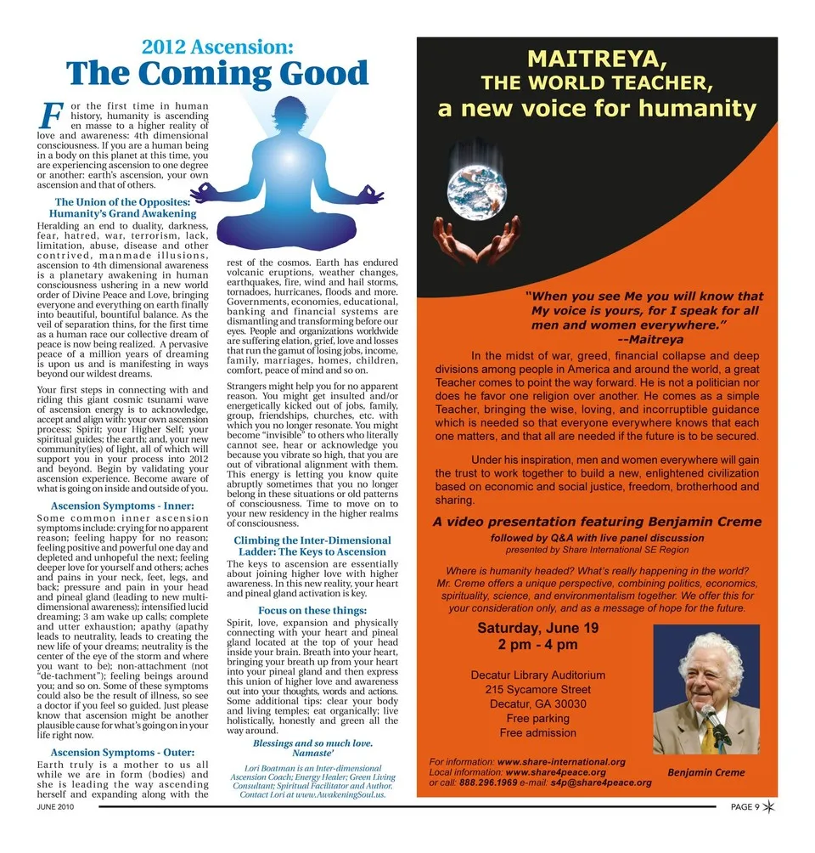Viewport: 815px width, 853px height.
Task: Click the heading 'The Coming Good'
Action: (x=217, y=75)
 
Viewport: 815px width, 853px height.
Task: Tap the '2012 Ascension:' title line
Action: (x=217, y=46)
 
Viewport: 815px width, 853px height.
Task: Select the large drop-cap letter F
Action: (x=51, y=116)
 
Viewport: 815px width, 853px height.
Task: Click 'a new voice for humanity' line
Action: (x=597, y=109)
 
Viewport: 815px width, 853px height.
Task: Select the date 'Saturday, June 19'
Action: (x=537, y=629)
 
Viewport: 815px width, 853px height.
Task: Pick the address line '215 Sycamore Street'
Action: (x=537, y=690)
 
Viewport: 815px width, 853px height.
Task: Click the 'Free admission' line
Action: (x=537, y=733)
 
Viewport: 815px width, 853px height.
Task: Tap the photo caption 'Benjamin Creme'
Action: (x=706, y=772)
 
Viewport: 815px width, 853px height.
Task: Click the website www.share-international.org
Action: (x=561, y=762)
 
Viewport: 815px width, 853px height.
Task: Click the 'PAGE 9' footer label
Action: (x=745, y=807)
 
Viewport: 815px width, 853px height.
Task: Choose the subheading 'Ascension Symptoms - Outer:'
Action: (x=123, y=752)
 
